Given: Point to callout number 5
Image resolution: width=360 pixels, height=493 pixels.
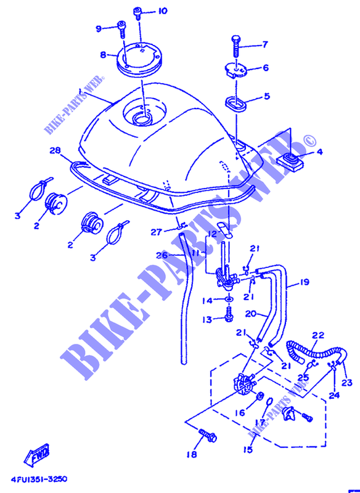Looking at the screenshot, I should point(266,96).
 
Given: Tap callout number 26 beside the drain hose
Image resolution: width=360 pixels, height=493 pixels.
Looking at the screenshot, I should point(160,256).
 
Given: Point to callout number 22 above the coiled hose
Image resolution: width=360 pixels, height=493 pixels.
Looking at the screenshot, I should point(317,335).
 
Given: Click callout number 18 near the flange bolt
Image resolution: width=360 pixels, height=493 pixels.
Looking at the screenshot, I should point(192,455).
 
